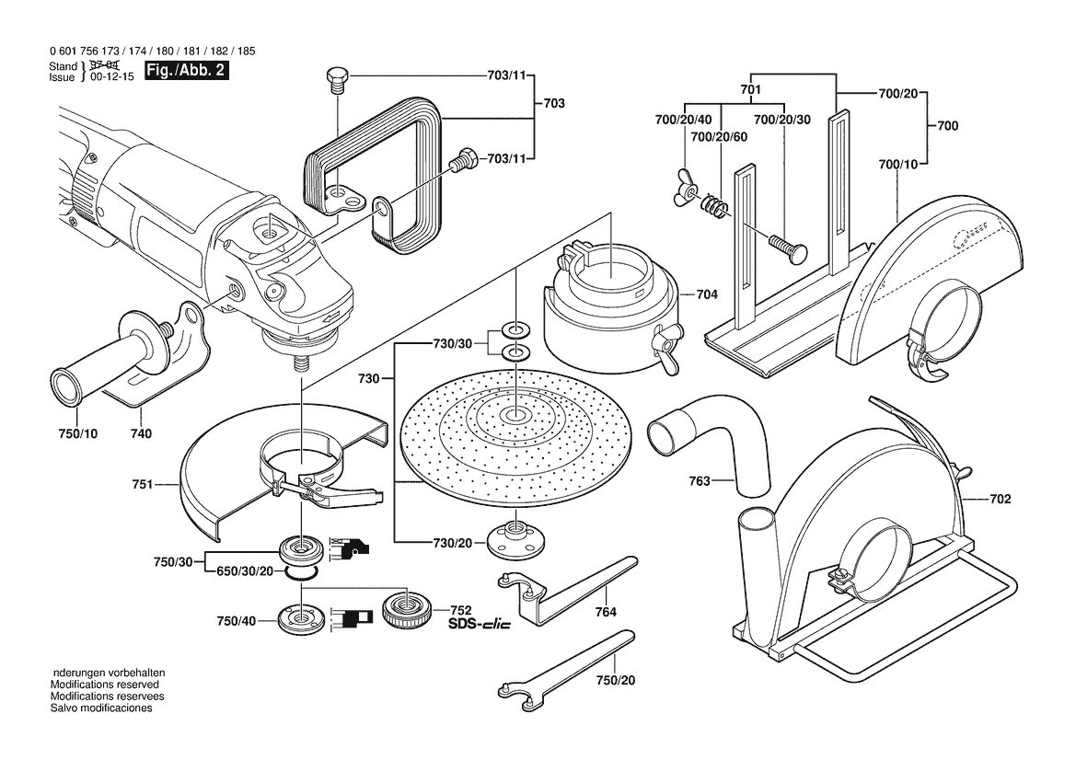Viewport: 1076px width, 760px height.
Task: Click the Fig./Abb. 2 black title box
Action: pyautogui.click(x=185, y=71)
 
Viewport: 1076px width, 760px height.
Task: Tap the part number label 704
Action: pyautogui.click(x=707, y=295)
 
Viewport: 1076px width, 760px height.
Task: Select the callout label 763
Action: pyautogui.click(x=700, y=481)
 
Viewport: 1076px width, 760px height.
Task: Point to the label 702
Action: pyautogui.click(x=1001, y=500)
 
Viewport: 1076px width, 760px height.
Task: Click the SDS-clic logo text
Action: pyautogui.click(x=479, y=625)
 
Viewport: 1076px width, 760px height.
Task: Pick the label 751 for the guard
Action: pyautogui.click(x=142, y=485)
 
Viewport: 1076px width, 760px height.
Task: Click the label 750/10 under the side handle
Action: pyautogui.click(x=77, y=433)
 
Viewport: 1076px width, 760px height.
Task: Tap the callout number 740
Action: pyautogui.click(x=141, y=433)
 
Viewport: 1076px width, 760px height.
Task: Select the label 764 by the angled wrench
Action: pyautogui.click(x=606, y=612)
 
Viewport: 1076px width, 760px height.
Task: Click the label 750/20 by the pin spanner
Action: pyautogui.click(x=616, y=681)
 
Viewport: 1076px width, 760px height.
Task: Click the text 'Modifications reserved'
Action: pyautogui.click(x=104, y=685)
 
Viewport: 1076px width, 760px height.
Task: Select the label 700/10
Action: pyautogui.click(x=897, y=165)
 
